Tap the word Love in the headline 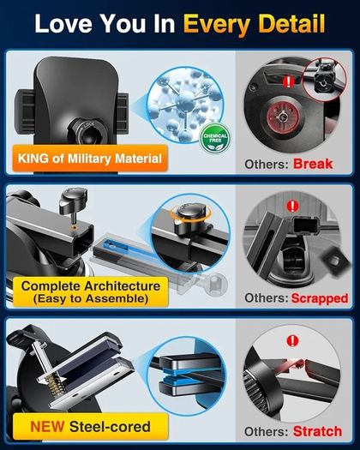[x=63, y=24]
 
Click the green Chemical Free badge [x=215, y=139]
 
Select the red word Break [x=313, y=164]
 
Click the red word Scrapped [x=320, y=299]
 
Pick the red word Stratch [x=317, y=431]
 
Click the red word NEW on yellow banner [x=47, y=427]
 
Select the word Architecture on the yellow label [x=122, y=286]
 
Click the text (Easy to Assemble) [x=91, y=298]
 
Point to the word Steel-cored [x=110, y=427]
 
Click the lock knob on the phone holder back [x=87, y=131]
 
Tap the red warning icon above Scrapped [x=292, y=206]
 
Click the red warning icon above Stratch [x=292, y=341]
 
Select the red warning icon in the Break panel [x=289, y=81]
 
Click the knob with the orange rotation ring [x=190, y=214]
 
